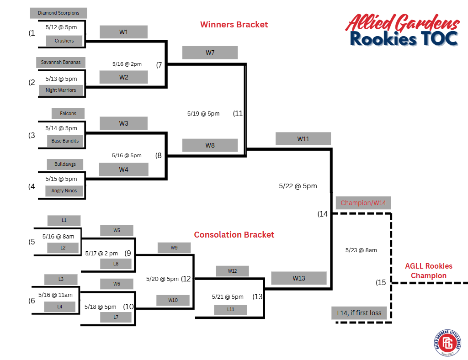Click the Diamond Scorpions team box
click(x=58, y=13)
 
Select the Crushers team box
click(x=64, y=41)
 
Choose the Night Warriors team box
click(x=60, y=90)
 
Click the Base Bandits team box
click(x=65, y=141)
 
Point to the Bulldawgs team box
click(x=65, y=164)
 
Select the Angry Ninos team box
click(x=64, y=191)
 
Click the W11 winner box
click(x=303, y=139)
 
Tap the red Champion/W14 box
click(x=363, y=203)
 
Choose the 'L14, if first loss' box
click(x=359, y=313)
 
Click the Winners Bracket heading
click(x=234, y=24)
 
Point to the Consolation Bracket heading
click(x=234, y=234)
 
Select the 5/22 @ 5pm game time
click(x=298, y=186)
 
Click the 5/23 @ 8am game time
click(x=361, y=250)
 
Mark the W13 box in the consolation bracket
click(x=298, y=278)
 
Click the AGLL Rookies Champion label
click(x=428, y=270)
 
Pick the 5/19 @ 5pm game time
click(x=203, y=113)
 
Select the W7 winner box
click(x=210, y=53)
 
